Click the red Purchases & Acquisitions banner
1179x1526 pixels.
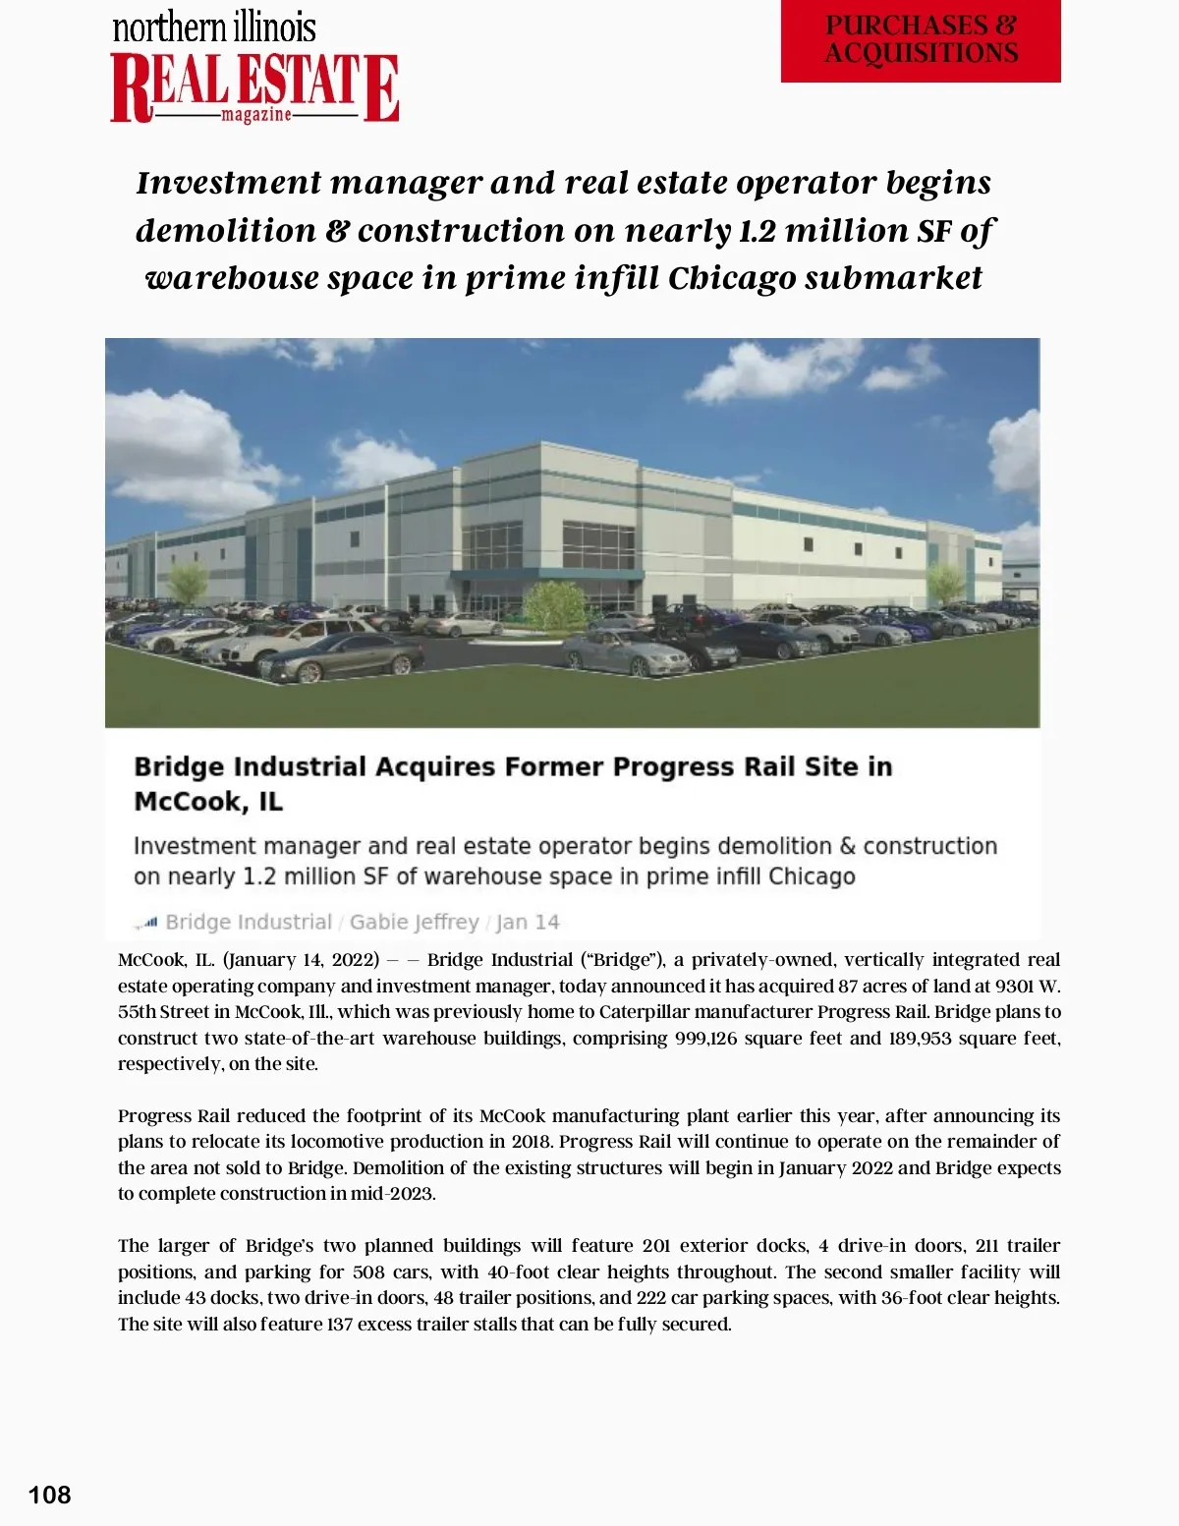[921, 40]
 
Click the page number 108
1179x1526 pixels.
[50, 1495]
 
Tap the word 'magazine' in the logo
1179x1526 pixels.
[255, 115]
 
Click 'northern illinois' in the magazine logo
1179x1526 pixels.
[214, 28]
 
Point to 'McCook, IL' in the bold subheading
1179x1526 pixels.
[208, 802]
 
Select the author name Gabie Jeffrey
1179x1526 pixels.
[414, 922]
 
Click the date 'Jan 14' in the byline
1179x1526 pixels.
[528, 922]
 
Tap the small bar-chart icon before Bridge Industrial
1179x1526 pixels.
[146, 923]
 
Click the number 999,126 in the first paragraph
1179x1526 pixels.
[705, 1038]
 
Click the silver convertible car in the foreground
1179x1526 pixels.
[624, 651]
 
